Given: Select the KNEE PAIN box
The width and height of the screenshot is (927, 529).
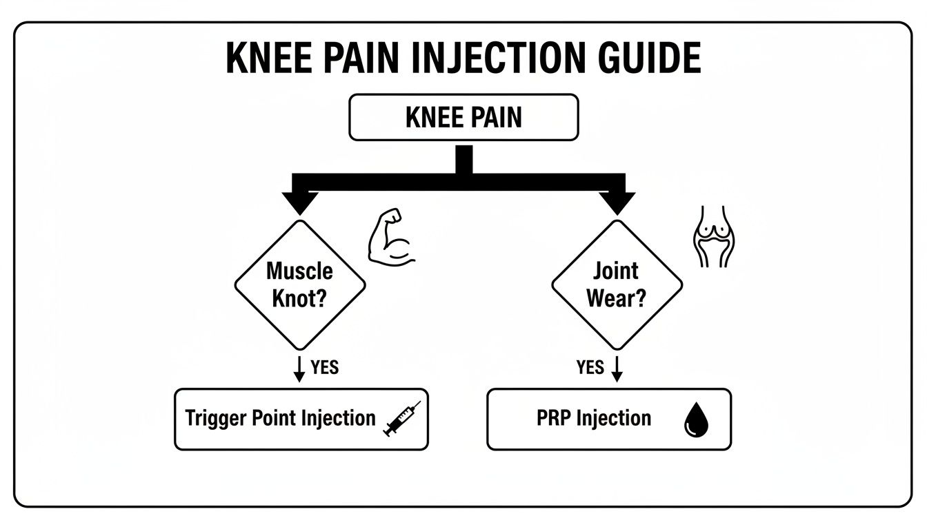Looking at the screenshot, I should (x=464, y=118).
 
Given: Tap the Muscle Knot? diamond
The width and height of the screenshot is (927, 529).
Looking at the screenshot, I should (x=299, y=284).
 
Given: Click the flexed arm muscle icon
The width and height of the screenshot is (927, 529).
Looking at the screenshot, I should (x=390, y=238).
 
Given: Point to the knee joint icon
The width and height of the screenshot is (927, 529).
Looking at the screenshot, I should (x=712, y=236).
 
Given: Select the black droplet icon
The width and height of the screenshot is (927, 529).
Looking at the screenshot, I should (x=695, y=420).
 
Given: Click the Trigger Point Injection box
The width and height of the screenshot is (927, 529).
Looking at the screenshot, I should (x=301, y=419).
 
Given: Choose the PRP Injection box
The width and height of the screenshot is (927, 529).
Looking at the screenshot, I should (x=608, y=419).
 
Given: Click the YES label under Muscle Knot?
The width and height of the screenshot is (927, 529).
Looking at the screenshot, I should (x=324, y=367).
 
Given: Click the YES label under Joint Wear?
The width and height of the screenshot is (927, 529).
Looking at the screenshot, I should (x=590, y=367).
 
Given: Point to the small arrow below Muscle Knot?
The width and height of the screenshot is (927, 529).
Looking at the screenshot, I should (x=299, y=369).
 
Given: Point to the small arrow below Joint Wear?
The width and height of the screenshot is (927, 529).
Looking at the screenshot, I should (x=617, y=369).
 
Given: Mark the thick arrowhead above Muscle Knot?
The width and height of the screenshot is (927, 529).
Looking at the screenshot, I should (x=299, y=203).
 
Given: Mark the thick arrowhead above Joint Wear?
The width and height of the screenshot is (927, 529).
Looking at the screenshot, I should (x=617, y=203).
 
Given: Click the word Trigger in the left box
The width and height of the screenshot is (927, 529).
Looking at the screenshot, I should (x=211, y=419).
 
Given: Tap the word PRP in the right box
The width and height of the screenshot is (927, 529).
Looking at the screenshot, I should (x=551, y=419).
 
